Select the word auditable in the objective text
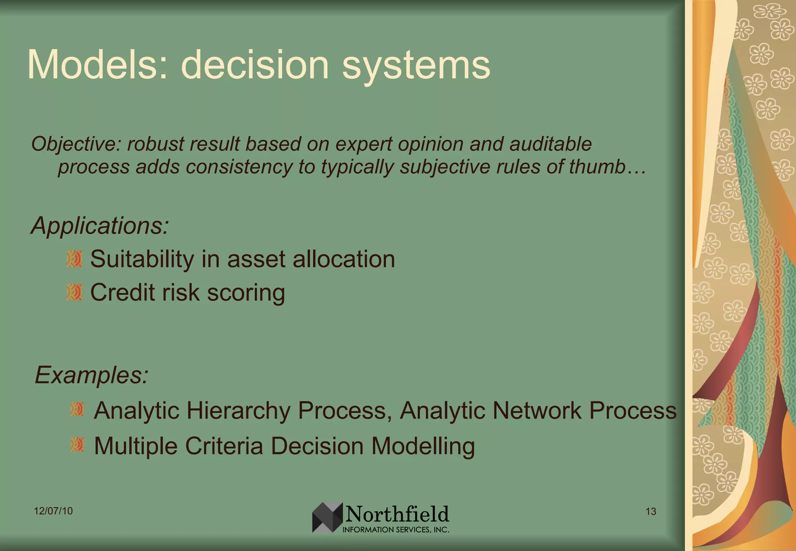click(550, 144)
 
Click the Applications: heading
click(100, 225)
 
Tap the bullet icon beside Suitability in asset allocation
click(74, 259)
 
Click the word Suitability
click(142, 260)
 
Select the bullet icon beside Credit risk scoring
click(74, 292)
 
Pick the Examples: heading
click(92, 375)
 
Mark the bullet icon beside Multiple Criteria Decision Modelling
click(77, 445)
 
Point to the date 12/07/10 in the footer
click(53, 511)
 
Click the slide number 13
click(651, 511)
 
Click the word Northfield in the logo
click(397, 514)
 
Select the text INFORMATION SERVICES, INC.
click(396, 530)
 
